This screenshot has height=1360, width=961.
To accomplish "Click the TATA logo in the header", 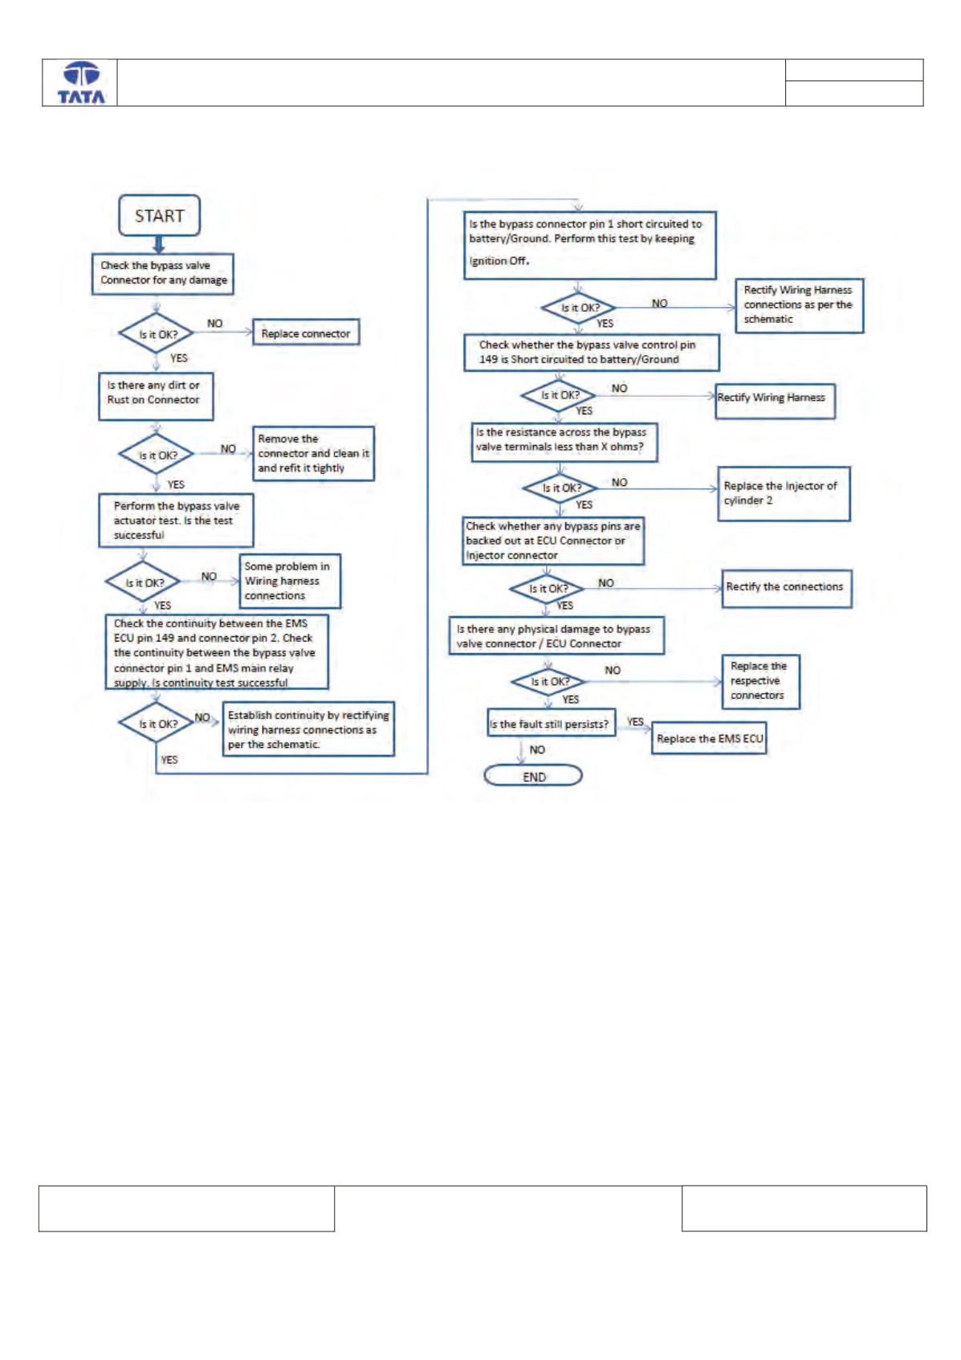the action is (x=81, y=83).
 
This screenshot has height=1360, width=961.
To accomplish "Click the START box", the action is (x=159, y=215).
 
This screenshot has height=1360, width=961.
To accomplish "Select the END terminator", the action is (x=532, y=775).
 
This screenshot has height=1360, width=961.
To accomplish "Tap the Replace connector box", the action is (x=306, y=333).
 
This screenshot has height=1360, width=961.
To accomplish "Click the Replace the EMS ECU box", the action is (x=709, y=738).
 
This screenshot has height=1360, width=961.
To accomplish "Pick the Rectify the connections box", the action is (x=786, y=588).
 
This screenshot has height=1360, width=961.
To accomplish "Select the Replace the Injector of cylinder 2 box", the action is (x=784, y=493).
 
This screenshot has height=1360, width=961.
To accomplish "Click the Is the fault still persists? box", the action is (x=551, y=722).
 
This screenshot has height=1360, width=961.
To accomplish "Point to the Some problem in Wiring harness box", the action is (x=290, y=581).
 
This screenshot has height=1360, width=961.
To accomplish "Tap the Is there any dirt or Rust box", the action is (x=156, y=396).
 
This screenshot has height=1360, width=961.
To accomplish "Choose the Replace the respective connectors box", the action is (x=761, y=681).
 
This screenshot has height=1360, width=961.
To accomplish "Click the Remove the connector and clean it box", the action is (x=313, y=453).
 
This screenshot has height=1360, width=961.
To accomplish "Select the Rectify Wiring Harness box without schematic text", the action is (x=775, y=401).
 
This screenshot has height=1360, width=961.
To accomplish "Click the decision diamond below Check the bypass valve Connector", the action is (x=157, y=333).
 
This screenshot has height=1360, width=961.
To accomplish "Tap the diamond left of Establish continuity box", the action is (x=157, y=723).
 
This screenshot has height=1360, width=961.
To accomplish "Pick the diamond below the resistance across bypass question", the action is (x=560, y=488).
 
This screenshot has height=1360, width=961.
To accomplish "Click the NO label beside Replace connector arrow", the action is (x=215, y=324).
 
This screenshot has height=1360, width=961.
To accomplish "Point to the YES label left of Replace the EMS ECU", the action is (x=635, y=721).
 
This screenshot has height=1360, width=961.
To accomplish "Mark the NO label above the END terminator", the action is (x=537, y=749).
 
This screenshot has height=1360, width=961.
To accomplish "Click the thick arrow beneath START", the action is (x=159, y=245).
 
